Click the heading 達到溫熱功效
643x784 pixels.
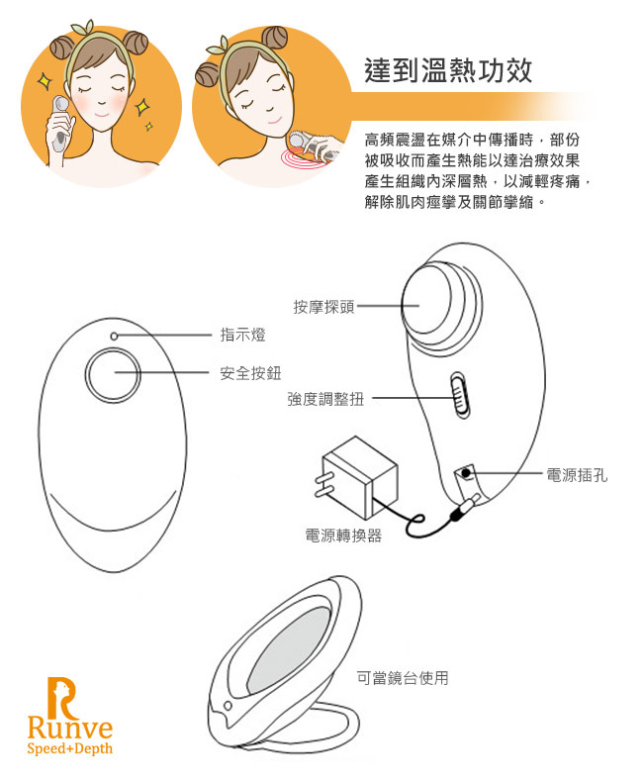pos(448,70)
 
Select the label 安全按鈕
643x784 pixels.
pos(250,373)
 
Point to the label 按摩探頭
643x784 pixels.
pos(323,307)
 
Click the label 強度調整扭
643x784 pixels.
pos(325,399)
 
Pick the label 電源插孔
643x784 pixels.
pos(577,475)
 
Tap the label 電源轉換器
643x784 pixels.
pos(343,536)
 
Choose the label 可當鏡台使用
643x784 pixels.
pos(403,678)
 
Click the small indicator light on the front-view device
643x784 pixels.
pos(115,337)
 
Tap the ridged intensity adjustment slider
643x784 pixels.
pos(458,398)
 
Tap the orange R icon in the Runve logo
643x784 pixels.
pos(61,695)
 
